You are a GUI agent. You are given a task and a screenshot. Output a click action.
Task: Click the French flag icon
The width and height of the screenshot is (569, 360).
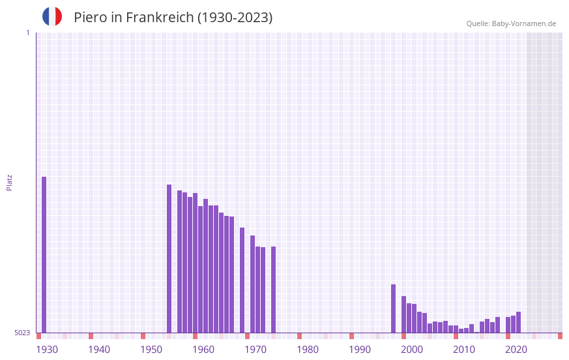coord(52,16)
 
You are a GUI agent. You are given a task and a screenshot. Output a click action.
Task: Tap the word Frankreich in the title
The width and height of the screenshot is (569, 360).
coord(158,18)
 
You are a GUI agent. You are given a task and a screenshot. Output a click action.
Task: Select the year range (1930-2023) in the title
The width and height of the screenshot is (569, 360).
coord(235,18)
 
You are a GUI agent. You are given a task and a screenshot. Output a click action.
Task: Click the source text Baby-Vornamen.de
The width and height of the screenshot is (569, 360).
coord(523,23)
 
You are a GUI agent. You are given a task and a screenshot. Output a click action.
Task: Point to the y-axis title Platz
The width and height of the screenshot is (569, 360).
coord(9,182)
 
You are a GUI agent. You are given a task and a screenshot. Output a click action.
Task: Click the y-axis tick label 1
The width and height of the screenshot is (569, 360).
coord(27,33)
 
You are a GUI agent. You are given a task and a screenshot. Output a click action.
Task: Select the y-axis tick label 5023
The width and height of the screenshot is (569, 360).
coord(22,333)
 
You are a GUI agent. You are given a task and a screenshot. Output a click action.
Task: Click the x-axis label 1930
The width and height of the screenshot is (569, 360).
coord(47,350)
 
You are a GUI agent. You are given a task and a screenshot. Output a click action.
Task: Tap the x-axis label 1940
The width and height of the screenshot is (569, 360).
coord(99,350)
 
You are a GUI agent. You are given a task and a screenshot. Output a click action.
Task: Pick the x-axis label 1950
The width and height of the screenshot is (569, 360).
coord(151,350)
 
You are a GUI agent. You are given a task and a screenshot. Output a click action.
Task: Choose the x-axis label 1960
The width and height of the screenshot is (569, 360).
coord(203,350)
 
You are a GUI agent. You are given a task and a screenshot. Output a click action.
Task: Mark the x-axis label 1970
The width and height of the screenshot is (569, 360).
coord(255,350)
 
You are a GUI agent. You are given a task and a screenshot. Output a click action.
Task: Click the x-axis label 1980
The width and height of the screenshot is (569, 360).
coord(308,350)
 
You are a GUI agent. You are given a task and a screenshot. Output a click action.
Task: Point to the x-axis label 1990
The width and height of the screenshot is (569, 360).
coord(360,350)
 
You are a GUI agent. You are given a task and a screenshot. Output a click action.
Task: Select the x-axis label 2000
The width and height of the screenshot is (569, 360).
coord(412,350)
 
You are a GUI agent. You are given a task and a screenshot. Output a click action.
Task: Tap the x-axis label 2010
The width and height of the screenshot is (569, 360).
coord(464,350)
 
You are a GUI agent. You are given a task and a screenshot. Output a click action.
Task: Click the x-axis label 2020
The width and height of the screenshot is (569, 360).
coord(516,350)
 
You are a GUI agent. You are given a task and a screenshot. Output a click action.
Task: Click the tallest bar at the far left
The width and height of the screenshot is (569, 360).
coord(44,254)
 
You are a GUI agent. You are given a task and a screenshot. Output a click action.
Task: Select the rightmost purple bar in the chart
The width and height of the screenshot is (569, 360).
coord(519,323)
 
